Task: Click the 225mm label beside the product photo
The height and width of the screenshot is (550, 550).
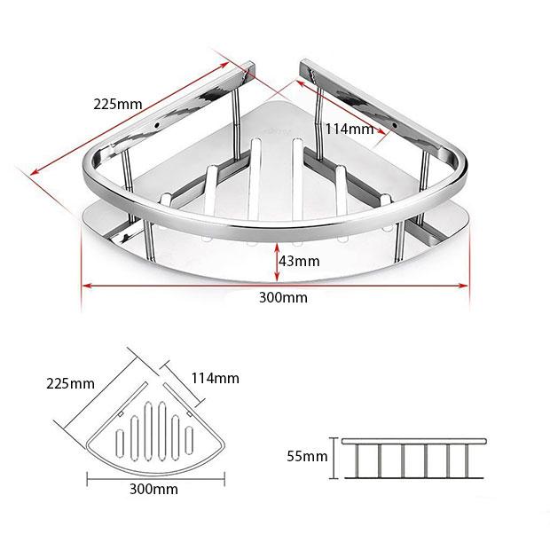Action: click(117, 104)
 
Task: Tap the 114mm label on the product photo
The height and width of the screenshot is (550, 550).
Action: click(350, 130)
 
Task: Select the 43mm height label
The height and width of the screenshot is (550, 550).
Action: click(299, 262)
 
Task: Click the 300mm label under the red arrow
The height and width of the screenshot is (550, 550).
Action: click(283, 297)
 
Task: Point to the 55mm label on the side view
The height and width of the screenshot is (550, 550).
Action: click(307, 456)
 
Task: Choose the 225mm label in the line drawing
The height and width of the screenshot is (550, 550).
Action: click(70, 383)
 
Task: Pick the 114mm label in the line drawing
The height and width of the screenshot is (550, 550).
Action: click(216, 378)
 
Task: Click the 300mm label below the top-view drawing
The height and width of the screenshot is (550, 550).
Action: click(153, 489)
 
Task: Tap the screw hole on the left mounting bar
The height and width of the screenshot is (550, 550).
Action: click(156, 124)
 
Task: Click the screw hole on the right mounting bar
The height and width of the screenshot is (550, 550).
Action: click(394, 125)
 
